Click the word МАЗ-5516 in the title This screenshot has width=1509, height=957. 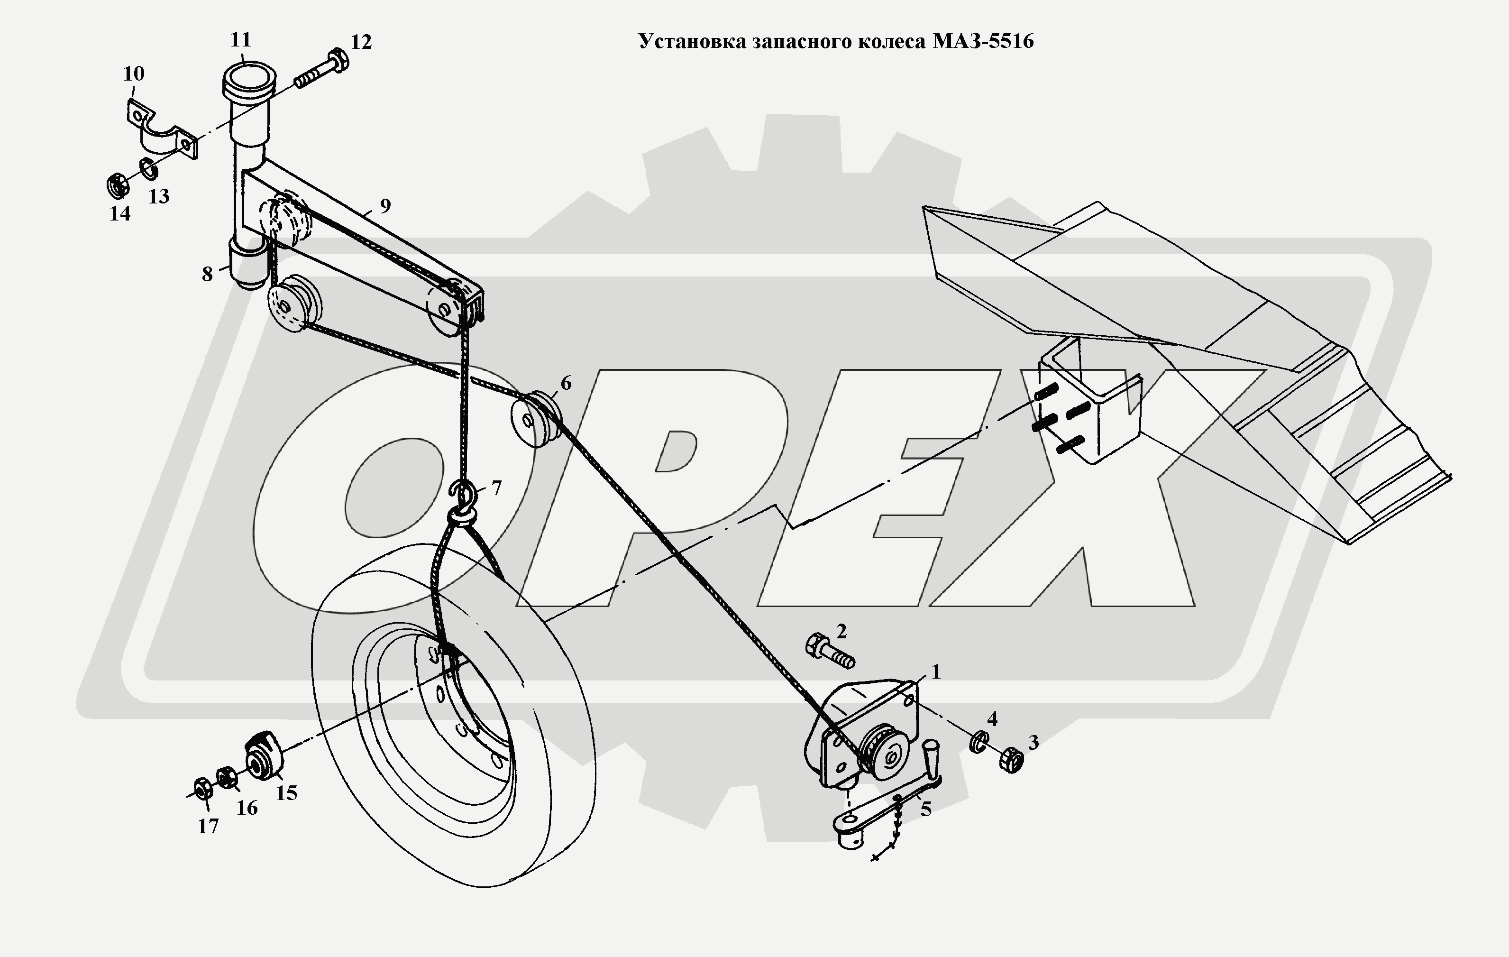pos(983,41)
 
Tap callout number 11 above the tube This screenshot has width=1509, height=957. pos(241,40)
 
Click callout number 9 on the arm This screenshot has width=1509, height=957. pos(385,205)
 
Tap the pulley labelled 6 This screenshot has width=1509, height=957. pos(536,420)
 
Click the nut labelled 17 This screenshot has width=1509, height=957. pos(202,790)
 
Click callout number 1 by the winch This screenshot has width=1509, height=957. pos(936,672)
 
